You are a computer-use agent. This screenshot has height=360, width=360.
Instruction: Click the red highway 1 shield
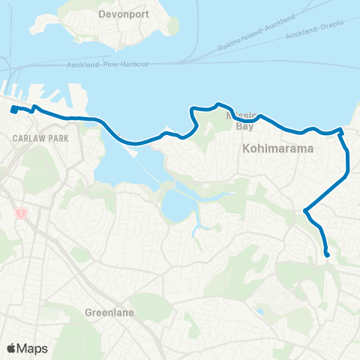[22, 214]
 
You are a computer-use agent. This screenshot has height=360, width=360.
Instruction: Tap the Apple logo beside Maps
[11, 348]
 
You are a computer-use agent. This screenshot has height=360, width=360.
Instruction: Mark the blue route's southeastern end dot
[327, 255]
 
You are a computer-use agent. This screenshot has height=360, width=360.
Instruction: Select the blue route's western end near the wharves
[13, 111]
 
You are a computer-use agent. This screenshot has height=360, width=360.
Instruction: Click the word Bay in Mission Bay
[245, 127]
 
